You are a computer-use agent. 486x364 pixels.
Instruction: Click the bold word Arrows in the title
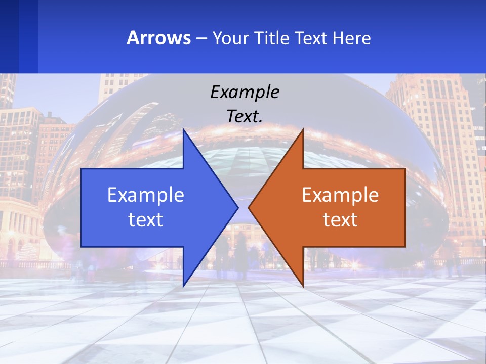tap(158, 38)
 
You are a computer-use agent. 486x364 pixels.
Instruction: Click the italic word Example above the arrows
tap(245, 92)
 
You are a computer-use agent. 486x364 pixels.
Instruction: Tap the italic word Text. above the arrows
tap(245, 116)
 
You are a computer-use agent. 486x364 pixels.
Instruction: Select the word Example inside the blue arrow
tap(146, 195)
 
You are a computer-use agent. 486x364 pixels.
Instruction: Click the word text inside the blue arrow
tap(146, 219)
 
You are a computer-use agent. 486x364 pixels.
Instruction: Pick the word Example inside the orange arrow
tap(340, 195)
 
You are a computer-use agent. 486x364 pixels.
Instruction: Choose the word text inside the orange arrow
tap(340, 219)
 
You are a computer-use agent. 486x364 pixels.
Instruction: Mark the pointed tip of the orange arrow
tap(249, 207)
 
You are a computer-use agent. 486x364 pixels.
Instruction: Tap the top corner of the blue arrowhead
tap(184, 130)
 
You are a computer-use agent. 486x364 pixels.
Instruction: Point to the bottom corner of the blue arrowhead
tap(184, 285)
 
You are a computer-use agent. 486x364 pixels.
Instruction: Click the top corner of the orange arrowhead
tap(302, 130)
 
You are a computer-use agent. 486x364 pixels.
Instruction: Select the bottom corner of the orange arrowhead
tap(302, 285)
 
